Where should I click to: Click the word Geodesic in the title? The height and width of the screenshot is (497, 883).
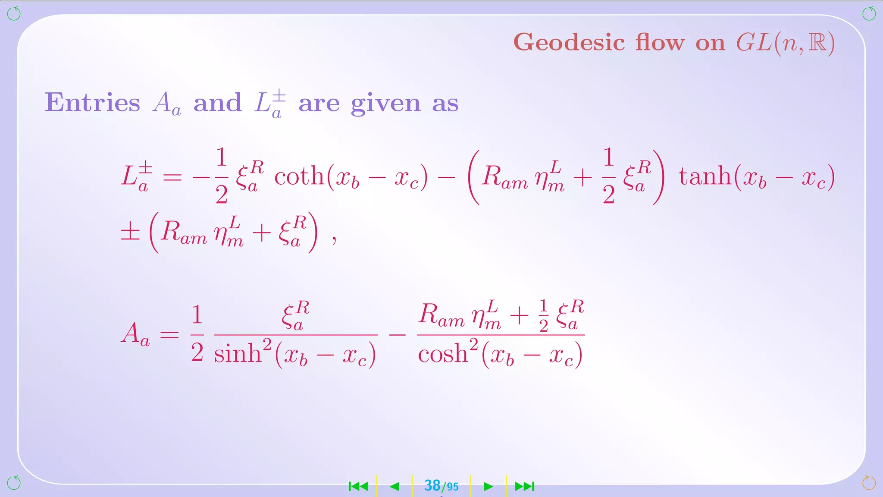point(569,43)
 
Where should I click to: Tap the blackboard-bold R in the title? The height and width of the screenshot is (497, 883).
point(817,43)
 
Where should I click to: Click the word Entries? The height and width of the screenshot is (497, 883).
point(93,103)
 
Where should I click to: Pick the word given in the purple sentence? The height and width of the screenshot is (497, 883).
point(385,104)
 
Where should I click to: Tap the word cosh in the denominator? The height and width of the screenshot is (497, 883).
point(443,354)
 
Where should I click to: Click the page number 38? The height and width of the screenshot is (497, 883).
point(432,486)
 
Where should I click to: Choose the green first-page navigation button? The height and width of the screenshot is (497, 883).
point(358,487)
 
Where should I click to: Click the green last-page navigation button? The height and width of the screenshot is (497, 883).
point(525,487)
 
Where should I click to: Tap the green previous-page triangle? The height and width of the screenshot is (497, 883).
point(395,487)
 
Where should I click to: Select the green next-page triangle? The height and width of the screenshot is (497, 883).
point(488,487)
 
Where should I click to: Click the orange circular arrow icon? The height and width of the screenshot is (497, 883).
point(869,482)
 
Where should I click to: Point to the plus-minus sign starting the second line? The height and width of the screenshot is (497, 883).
point(130,233)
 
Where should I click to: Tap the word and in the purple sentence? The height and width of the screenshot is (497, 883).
point(217,103)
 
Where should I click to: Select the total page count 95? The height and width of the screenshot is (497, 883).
point(452,487)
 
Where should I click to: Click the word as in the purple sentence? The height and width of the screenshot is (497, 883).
point(445,104)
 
